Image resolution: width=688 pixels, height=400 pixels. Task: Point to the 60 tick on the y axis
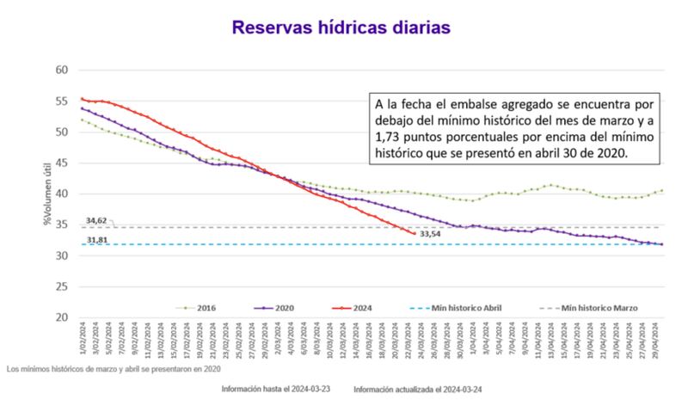coord(61,70)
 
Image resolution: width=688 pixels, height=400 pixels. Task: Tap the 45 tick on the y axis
coord(61,163)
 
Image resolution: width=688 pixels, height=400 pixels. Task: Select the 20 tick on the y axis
coord(61,317)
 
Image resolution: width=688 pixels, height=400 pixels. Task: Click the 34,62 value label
coord(96,221)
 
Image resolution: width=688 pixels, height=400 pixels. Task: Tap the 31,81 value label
coord(96,240)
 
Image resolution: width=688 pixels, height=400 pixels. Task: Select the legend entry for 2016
coord(197,305)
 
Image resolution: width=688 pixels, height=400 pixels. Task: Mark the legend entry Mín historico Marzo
coord(600,305)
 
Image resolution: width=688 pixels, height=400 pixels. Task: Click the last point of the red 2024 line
coord(415,233)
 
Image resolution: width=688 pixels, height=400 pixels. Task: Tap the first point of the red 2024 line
coord(81,99)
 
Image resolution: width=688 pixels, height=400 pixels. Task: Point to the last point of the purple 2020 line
coord(660,244)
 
